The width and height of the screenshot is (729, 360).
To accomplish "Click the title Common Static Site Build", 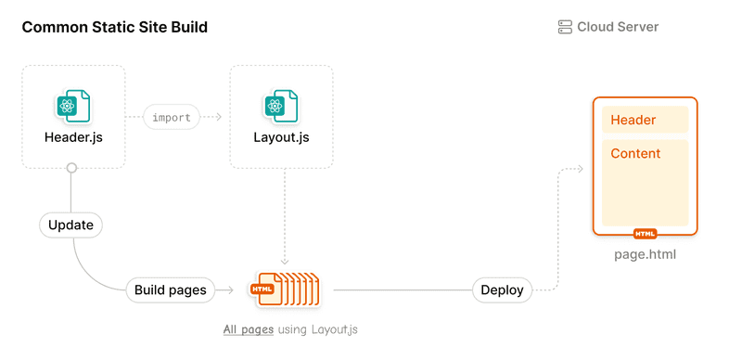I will click(114, 28).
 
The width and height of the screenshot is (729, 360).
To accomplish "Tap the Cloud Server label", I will click(618, 28).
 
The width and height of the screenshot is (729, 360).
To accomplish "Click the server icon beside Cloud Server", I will click(565, 28).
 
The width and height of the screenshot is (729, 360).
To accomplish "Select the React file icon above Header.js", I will click(73, 107).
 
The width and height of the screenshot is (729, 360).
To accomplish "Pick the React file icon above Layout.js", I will click(281, 107).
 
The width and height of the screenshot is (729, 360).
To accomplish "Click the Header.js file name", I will click(73, 138).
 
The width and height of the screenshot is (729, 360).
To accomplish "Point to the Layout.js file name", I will click(281, 138).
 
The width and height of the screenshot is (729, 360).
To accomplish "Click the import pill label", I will click(171, 118).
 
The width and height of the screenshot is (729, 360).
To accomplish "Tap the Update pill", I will click(70, 225).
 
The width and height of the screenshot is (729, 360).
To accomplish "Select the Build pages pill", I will click(170, 290).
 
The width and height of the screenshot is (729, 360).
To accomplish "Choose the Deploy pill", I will click(502, 290).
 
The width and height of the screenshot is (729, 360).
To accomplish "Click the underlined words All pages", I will click(248, 329).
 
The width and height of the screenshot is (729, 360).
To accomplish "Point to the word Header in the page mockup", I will click(633, 121).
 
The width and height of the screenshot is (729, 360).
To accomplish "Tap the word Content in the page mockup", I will click(635, 154).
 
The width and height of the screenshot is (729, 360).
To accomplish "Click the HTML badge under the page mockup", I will click(645, 234).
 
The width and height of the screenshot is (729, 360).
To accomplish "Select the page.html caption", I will click(645, 253).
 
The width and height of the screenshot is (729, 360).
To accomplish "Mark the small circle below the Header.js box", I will click(71, 169).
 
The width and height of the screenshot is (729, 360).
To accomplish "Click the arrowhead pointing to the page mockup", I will click(580, 169).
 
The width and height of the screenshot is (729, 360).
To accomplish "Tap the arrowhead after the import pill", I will click(218, 118).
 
